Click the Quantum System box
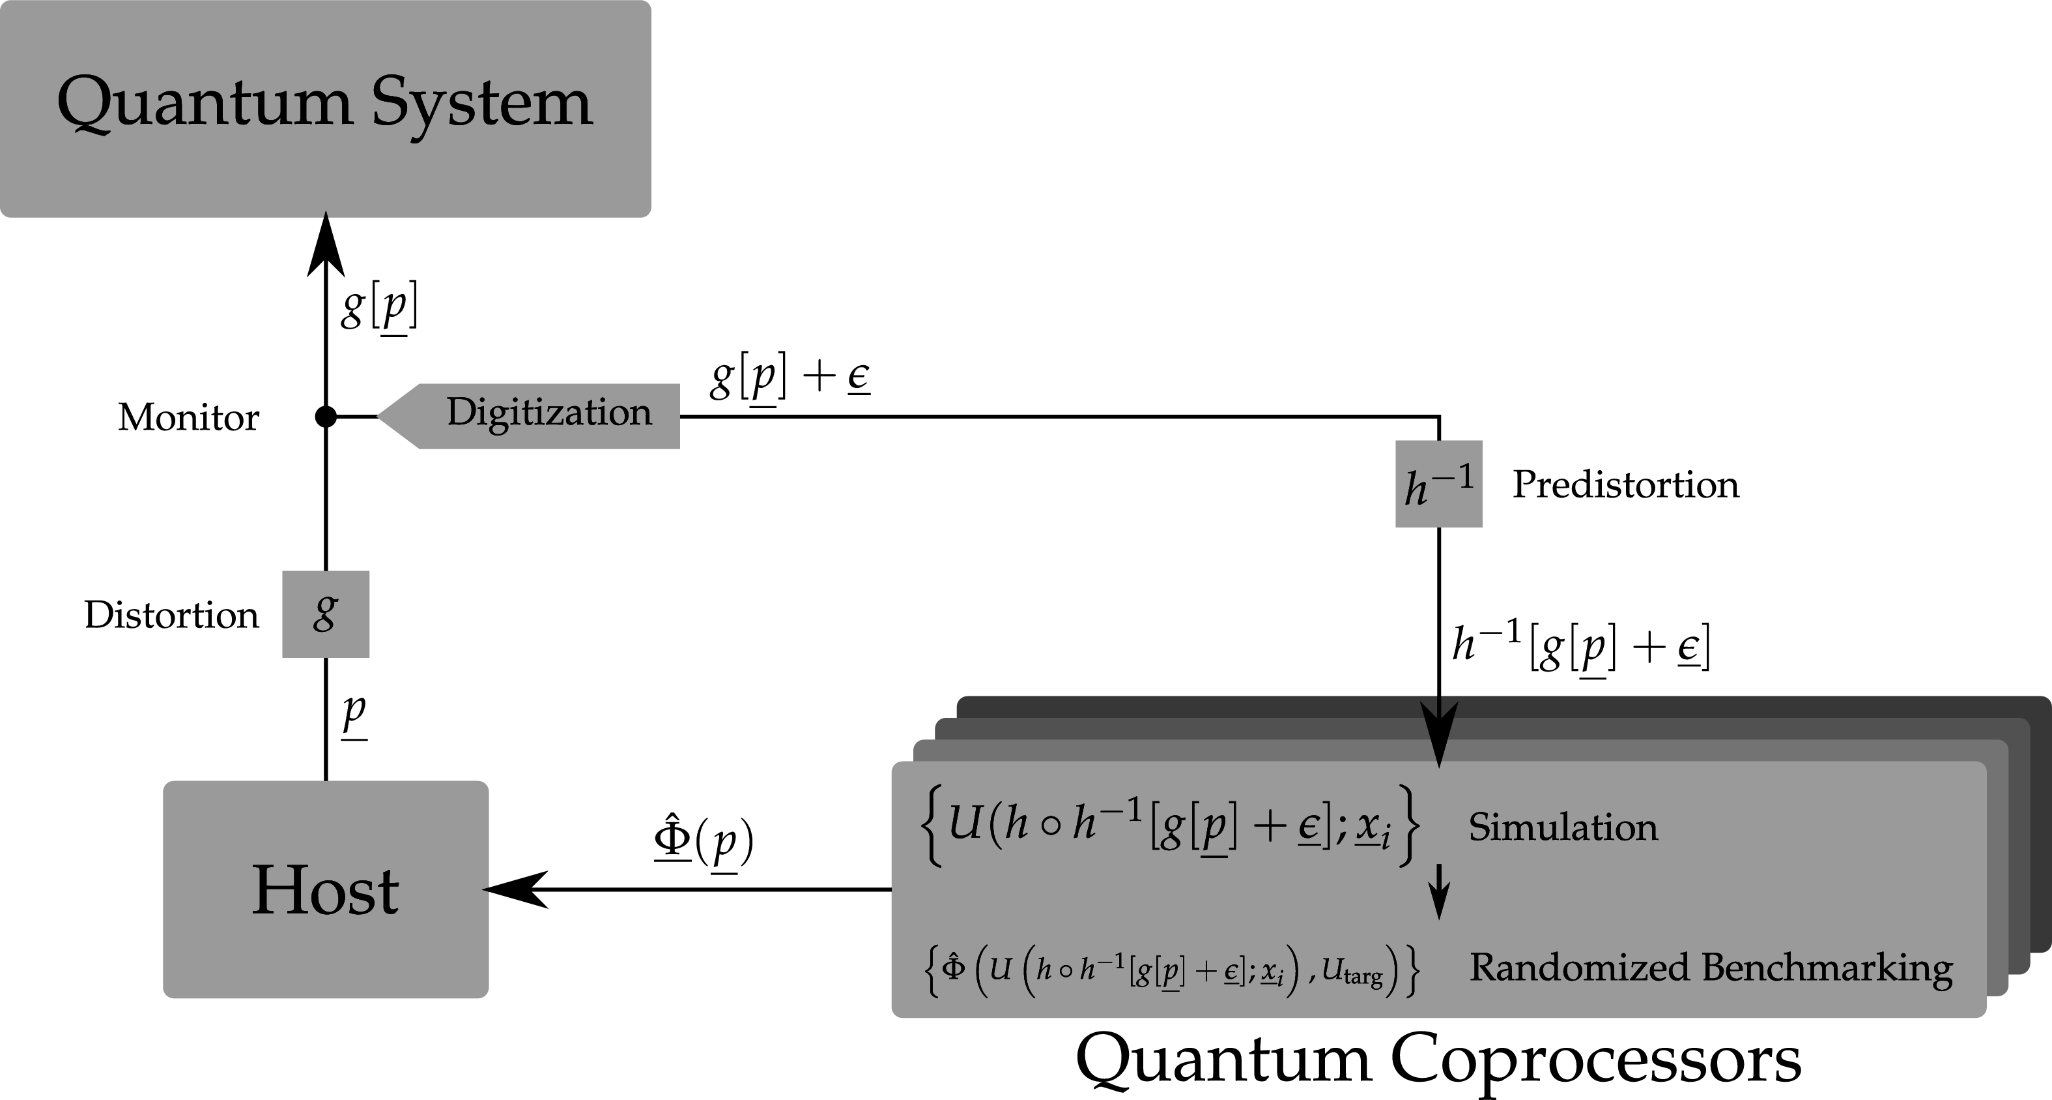click(325, 108)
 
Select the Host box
click(325, 889)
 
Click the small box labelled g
click(325, 614)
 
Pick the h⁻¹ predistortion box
click(1438, 484)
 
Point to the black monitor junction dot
click(325, 416)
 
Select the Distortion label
click(171, 616)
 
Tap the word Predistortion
click(1625, 484)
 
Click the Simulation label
click(1563, 827)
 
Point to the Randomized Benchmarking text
click(1710, 968)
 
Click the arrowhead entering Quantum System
click(325, 243)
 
